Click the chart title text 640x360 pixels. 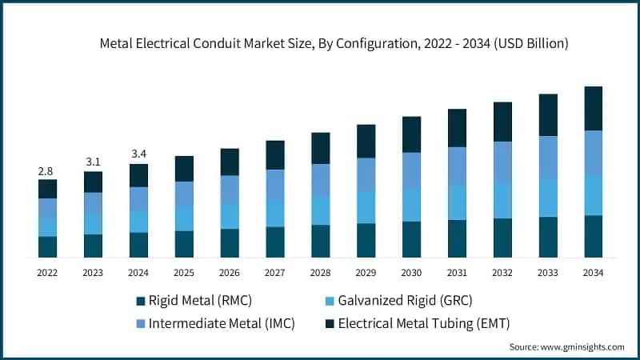pyautogui.click(x=334, y=44)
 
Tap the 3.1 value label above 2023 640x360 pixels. pyautogui.click(x=93, y=162)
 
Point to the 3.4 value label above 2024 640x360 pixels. pyautogui.click(x=138, y=154)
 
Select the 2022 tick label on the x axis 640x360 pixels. pyautogui.click(x=47, y=273)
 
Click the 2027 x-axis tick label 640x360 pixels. pyautogui.click(x=275, y=273)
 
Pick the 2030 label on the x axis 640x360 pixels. pyautogui.click(x=411, y=273)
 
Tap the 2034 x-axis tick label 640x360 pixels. pyautogui.click(x=593, y=273)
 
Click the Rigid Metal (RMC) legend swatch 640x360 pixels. pyautogui.click(x=142, y=301)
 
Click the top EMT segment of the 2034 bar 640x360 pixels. pyautogui.click(x=593, y=108)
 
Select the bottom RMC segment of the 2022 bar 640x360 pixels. pyautogui.click(x=47, y=247)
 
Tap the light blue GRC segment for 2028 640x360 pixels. pyautogui.click(x=320, y=210)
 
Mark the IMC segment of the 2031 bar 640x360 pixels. pyautogui.click(x=457, y=166)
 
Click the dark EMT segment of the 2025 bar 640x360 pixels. pyautogui.click(x=184, y=168)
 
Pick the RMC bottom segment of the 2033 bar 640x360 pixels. pyautogui.click(x=548, y=237)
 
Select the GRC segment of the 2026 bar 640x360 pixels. pyautogui.click(x=230, y=216)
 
